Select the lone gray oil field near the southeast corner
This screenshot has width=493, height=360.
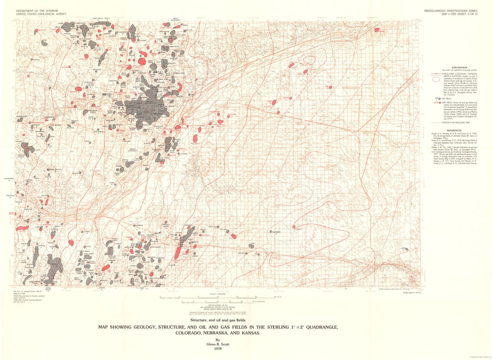click(x=404, y=249)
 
